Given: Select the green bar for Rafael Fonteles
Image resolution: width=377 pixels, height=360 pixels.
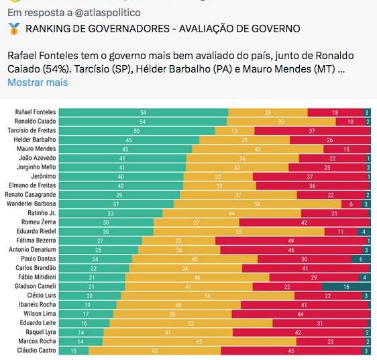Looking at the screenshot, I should pyautogui.click(x=144, y=112).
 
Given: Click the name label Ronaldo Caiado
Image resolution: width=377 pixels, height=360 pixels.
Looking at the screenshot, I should pyautogui.click(x=36, y=122).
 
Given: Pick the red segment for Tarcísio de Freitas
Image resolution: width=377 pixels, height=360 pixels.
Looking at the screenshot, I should pyautogui.click(x=312, y=130).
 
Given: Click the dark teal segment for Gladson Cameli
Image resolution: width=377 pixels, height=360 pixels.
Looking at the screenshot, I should pyautogui.click(x=346, y=286).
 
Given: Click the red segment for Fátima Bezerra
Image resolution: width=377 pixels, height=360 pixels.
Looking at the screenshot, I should pyautogui.click(x=291, y=240).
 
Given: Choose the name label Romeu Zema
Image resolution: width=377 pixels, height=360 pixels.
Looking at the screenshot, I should pyautogui.click(x=39, y=222).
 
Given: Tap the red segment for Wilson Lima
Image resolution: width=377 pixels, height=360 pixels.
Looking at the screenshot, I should pyautogui.click(x=301, y=314).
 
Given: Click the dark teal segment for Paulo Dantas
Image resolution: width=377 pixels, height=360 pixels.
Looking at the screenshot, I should pyautogui.click(x=361, y=259).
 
